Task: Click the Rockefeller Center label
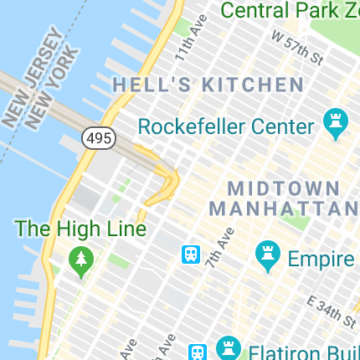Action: coord(225,127)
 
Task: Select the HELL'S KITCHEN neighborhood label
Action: coord(208,85)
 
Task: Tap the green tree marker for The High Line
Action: coord(81,261)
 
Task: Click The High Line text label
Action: coord(81,228)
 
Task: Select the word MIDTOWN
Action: coord(284,188)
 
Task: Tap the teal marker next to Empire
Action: coord(268,255)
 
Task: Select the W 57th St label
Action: coord(297,47)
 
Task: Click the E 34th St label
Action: coord(332,311)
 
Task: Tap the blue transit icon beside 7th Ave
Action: coord(191,254)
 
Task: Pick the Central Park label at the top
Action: coord(289,10)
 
